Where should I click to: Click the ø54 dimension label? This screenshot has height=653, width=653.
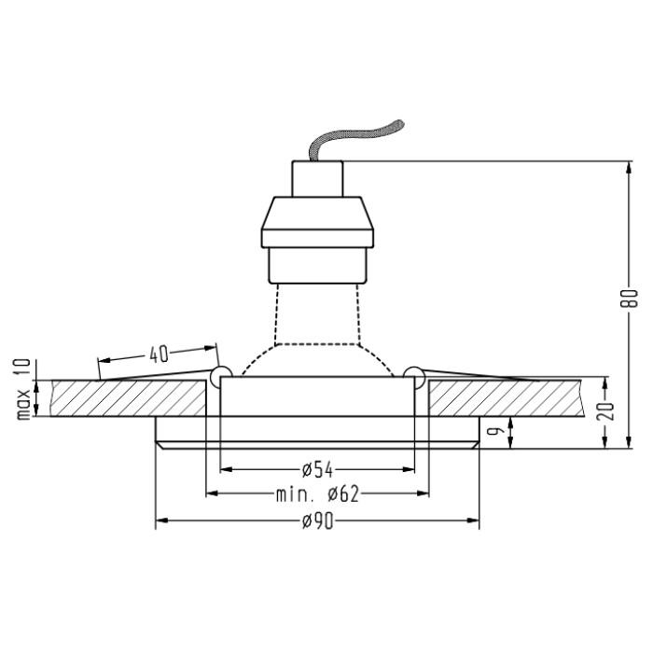click(x=317, y=470)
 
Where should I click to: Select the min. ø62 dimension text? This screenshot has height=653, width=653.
click(x=317, y=494)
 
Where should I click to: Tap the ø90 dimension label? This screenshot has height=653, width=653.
click(x=318, y=521)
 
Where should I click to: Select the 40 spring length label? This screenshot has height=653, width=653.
click(x=159, y=354)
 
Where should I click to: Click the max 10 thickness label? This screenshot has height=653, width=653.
click(x=23, y=389)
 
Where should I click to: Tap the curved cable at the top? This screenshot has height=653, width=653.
click(x=354, y=138)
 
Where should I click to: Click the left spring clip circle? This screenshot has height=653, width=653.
click(x=221, y=376)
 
